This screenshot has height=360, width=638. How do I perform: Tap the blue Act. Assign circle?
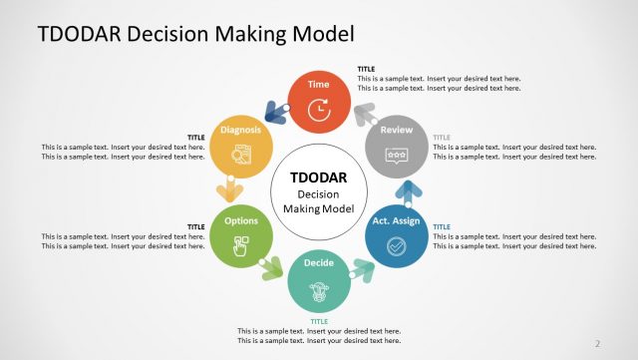point(397,235)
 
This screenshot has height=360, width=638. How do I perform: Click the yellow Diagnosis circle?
point(241,149)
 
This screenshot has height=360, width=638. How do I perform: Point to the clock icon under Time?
point(319,111)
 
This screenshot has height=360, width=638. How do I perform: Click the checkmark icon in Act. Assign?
point(397,245)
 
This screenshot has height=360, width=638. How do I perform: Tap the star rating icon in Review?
point(397,157)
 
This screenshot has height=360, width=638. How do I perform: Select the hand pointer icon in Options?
point(241,248)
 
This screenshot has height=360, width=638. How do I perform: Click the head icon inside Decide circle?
point(319,292)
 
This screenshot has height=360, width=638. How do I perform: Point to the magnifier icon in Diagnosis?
point(241,156)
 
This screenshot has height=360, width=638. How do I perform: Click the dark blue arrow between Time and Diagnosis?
point(275,113)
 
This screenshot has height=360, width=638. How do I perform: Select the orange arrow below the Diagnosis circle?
point(231,189)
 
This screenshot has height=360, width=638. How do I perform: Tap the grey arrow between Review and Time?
point(364,114)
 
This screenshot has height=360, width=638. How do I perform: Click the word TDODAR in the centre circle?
point(319,178)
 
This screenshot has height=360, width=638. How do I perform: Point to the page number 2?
point(598,344)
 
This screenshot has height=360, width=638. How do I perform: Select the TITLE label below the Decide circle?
point(319,321)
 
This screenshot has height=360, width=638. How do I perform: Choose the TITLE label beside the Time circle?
point(367,69)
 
